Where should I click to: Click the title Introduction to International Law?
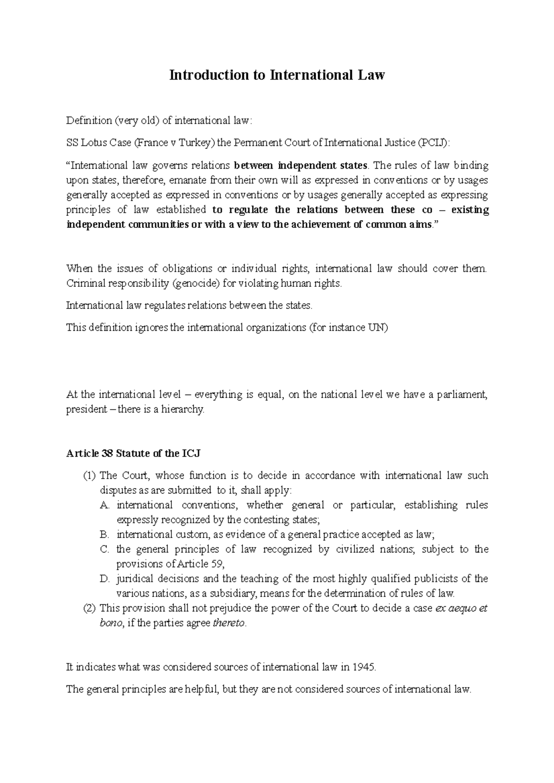click(277, 75)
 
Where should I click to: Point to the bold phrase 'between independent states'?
click(301, 166)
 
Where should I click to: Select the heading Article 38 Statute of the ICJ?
click(133, 454)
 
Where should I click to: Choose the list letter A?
click(104, 505)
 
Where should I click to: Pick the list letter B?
click(104, 535)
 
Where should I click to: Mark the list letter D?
click(104, 579)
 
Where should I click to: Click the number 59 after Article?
click(217, 564)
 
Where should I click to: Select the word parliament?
click(460, 395)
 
